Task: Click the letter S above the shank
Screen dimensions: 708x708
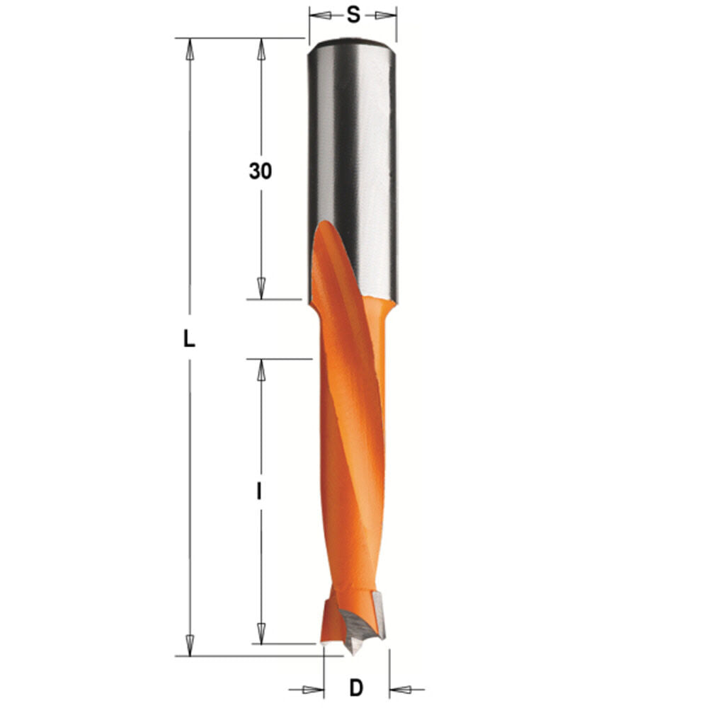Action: [353, 15]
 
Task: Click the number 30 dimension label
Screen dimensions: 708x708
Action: [260, 171]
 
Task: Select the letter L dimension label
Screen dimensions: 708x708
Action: [188, 340]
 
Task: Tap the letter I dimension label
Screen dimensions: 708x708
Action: [260, 491]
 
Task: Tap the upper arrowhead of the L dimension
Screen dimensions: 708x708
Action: [189, 48]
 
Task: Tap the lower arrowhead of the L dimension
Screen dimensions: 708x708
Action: [189, 645]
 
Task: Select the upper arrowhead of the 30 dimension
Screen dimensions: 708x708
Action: [261, 48]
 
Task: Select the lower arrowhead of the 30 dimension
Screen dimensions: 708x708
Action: [261, 289]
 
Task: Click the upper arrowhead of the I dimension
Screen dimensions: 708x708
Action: [261, 369]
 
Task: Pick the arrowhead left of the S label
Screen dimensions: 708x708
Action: [321, 15]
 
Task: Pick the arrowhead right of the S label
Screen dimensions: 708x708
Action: [385, 15]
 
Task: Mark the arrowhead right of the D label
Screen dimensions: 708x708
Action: [401, 688]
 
